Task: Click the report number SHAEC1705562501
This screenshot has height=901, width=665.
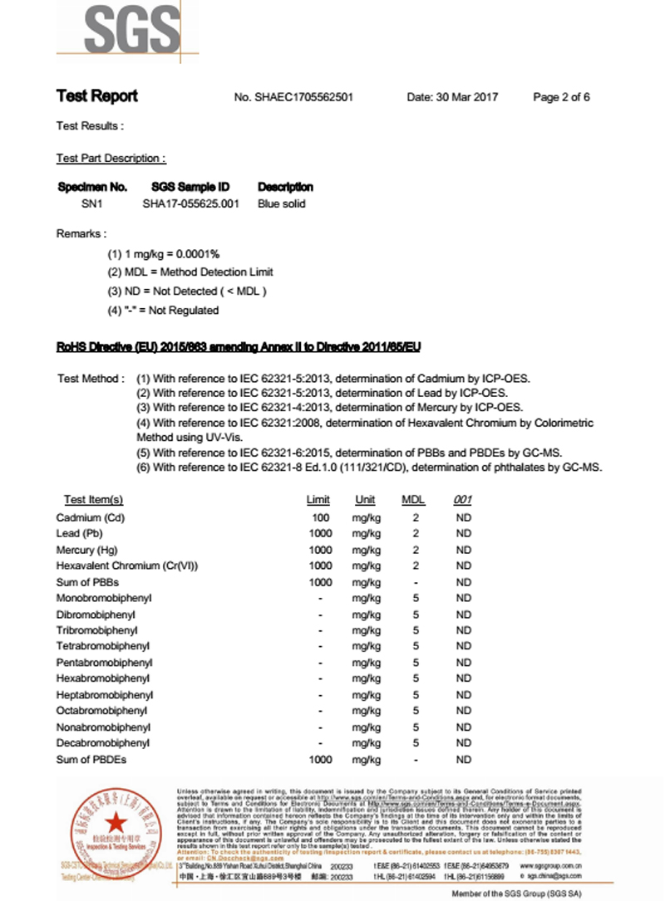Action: point(294,97)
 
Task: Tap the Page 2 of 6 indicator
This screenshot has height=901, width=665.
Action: point(561,97)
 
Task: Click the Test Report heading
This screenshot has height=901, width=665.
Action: point(97,96)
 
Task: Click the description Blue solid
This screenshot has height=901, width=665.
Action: point(282,203)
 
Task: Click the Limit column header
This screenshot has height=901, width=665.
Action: point(318,500)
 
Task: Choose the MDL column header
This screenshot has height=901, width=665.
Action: point(413,500)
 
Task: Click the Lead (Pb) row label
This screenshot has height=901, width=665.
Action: point(79,533)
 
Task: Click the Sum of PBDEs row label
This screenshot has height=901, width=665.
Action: point(91,759)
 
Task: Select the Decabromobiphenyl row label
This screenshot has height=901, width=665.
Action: point(103,742)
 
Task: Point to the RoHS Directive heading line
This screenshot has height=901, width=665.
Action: point(244,346)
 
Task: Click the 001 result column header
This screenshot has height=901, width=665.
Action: point(463,500)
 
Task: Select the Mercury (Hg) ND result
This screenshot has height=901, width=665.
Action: point(464,550)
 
